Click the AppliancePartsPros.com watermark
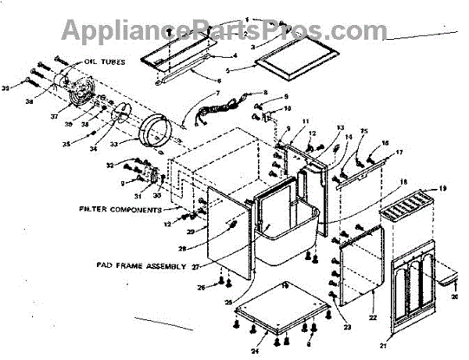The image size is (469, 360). (219, 31)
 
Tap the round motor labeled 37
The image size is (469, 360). (77, 87)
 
